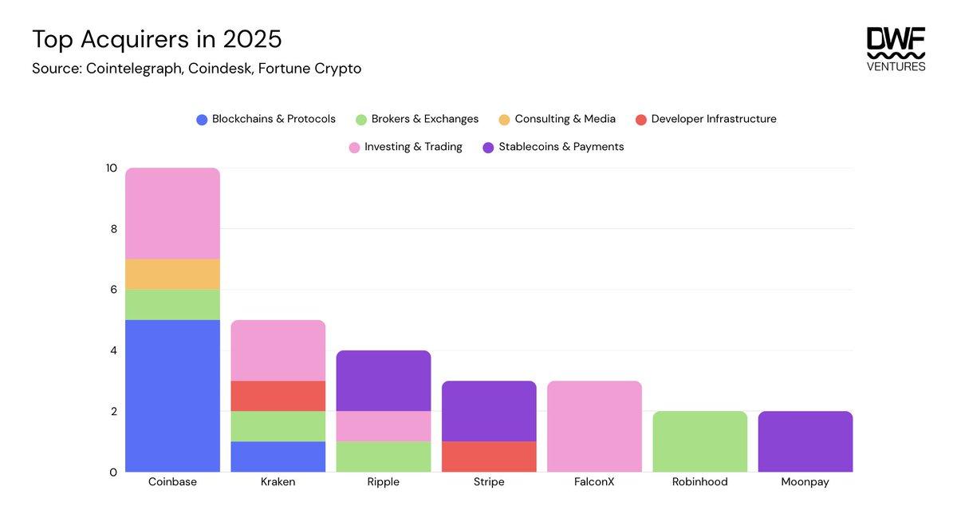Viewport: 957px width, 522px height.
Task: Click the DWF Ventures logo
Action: (896, 49)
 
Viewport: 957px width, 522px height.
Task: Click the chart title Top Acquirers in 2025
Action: (156, 38)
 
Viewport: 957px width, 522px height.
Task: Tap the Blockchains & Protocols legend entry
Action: (266, 119)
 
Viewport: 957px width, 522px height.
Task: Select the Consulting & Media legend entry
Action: (557, 119)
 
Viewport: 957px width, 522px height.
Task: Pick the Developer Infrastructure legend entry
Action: (706, 119)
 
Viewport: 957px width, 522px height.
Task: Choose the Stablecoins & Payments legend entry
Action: (553, 147)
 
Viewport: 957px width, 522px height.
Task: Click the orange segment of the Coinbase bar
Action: (172, 274)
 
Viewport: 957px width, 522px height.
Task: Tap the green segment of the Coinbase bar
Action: (172, 304)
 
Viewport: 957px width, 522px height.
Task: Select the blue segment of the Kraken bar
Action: (278, 457)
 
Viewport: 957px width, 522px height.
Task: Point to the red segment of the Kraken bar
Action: (278, 396)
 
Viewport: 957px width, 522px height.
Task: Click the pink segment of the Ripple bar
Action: (384, 426)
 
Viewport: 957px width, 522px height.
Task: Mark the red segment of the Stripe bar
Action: (489, 457)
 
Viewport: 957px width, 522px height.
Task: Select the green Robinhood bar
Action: (699, 441)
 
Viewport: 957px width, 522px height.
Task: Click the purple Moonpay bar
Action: (805, 441)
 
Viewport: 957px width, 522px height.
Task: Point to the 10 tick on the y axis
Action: (111, 168)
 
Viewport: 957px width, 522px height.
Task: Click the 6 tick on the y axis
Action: (112, 290)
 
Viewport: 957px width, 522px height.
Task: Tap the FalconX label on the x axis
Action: (594, 482)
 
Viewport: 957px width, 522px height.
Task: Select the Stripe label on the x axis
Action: (489, 482)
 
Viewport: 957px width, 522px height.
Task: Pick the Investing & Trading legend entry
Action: (405, 147)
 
